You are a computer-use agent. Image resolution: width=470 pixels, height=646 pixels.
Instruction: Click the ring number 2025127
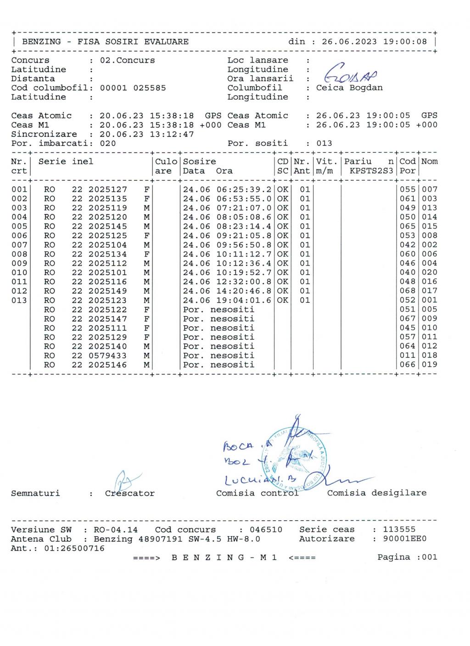click(108, 189)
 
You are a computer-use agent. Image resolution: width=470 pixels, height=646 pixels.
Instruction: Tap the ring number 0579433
click(108, 356)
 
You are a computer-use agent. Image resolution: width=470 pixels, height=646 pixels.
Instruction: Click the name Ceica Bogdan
click(349, 88)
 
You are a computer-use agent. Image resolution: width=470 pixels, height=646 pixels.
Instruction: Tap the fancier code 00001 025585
click(133, 88)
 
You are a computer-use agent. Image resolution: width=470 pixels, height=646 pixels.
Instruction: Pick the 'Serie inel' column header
click(66, 161)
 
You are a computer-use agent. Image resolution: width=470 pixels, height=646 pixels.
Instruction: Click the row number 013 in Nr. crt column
click(19, 301)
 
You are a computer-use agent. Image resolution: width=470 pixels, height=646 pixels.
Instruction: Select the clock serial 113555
click(399, 529)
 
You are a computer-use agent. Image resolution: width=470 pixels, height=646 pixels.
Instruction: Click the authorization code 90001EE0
click(405, 539)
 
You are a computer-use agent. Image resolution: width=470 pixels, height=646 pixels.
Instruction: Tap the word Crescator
click(130, 494)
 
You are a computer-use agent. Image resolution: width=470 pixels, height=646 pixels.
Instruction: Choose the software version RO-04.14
click(116, 529)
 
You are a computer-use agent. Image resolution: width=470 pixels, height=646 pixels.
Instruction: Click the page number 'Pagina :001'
click(407, 557)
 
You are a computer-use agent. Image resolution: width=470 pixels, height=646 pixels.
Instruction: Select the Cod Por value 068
click(407, 291)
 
